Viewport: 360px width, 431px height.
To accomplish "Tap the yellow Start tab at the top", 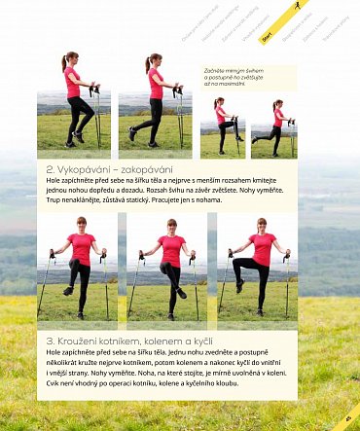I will [266, 36].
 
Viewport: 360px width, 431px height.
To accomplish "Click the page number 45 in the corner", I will [347, 419].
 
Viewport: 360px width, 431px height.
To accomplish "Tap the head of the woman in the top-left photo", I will [71, 59].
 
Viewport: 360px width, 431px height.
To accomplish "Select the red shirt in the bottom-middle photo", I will [171, 249].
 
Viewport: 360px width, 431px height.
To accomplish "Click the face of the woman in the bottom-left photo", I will [80, 225].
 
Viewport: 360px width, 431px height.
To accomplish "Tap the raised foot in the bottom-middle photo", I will [182, 293].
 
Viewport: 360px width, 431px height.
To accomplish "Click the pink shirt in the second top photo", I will [155, 84].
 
